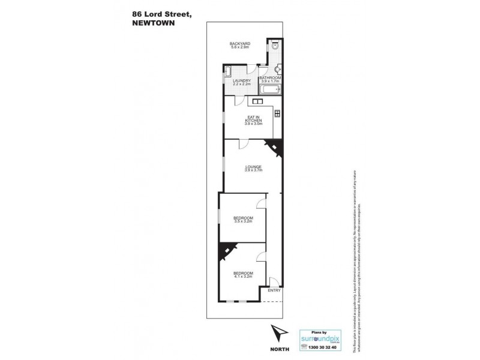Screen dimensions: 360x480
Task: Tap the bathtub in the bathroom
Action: point(270,91)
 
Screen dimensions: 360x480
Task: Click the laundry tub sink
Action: point(229,70)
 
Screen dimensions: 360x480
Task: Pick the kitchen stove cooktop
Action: point(277,113)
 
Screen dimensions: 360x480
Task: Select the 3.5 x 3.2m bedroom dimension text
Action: point(244,221)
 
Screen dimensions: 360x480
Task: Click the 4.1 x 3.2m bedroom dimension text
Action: point(244,277)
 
